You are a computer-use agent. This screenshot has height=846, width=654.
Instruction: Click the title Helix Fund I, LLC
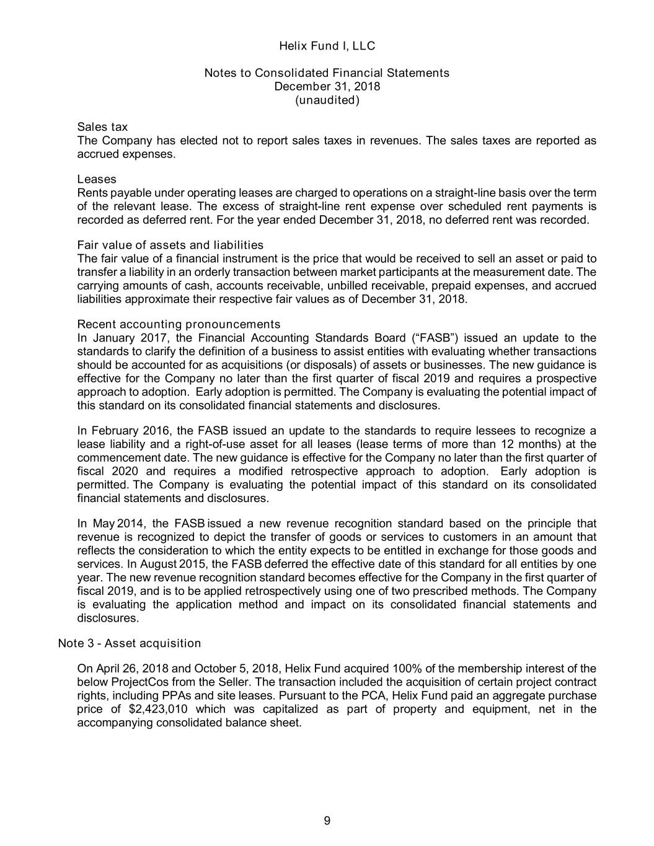(327, 46)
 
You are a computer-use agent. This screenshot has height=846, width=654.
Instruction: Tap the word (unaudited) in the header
(327, 100)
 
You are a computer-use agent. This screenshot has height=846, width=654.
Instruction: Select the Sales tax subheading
(102, 127)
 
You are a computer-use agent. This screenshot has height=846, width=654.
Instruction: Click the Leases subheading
(97, 179)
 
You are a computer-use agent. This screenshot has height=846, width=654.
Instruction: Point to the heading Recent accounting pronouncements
(179, 324)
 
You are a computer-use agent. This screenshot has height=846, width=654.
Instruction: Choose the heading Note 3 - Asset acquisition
(129, 643)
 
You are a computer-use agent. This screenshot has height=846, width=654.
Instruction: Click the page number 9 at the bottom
(327, 821)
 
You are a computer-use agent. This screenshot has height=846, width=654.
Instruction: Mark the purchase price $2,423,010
(160, 709)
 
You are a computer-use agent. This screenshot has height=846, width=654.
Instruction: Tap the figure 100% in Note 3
(407, 669)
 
